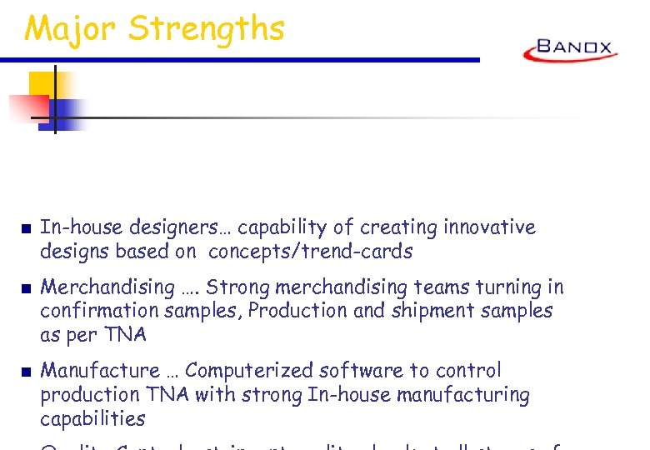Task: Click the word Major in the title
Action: point(71,29)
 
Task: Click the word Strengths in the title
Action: point(206,29)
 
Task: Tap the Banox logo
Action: point(571,50)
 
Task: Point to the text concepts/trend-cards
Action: point(310,251)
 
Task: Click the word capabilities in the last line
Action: point(92,418)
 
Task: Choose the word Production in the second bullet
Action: point(293,311)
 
